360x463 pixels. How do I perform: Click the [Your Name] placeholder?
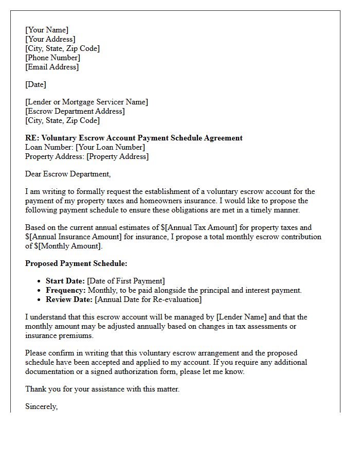tap(47, 30)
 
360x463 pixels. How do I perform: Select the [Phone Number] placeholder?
tap(52, 58)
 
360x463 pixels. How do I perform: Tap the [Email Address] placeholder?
tap(52, 67)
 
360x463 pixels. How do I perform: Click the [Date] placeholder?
tap(35, 84)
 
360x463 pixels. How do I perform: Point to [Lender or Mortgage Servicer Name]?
tap(86, 102)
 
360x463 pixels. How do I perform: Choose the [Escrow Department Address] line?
tap(75, 111)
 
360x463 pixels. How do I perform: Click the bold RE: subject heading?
tap(134, 138)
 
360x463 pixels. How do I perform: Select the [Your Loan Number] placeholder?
tap(110, 147)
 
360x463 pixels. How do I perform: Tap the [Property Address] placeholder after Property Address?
tap(117, 156)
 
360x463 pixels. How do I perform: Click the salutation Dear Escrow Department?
tap(68, 174)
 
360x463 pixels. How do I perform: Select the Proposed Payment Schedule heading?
tap(76, 263)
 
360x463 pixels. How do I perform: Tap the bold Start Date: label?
tap(65, 281)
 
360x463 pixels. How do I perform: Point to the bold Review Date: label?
tap(69, 299)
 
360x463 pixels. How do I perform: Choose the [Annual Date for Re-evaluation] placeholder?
tap(148, 299)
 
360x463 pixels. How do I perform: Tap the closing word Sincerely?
tap(41, 406)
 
